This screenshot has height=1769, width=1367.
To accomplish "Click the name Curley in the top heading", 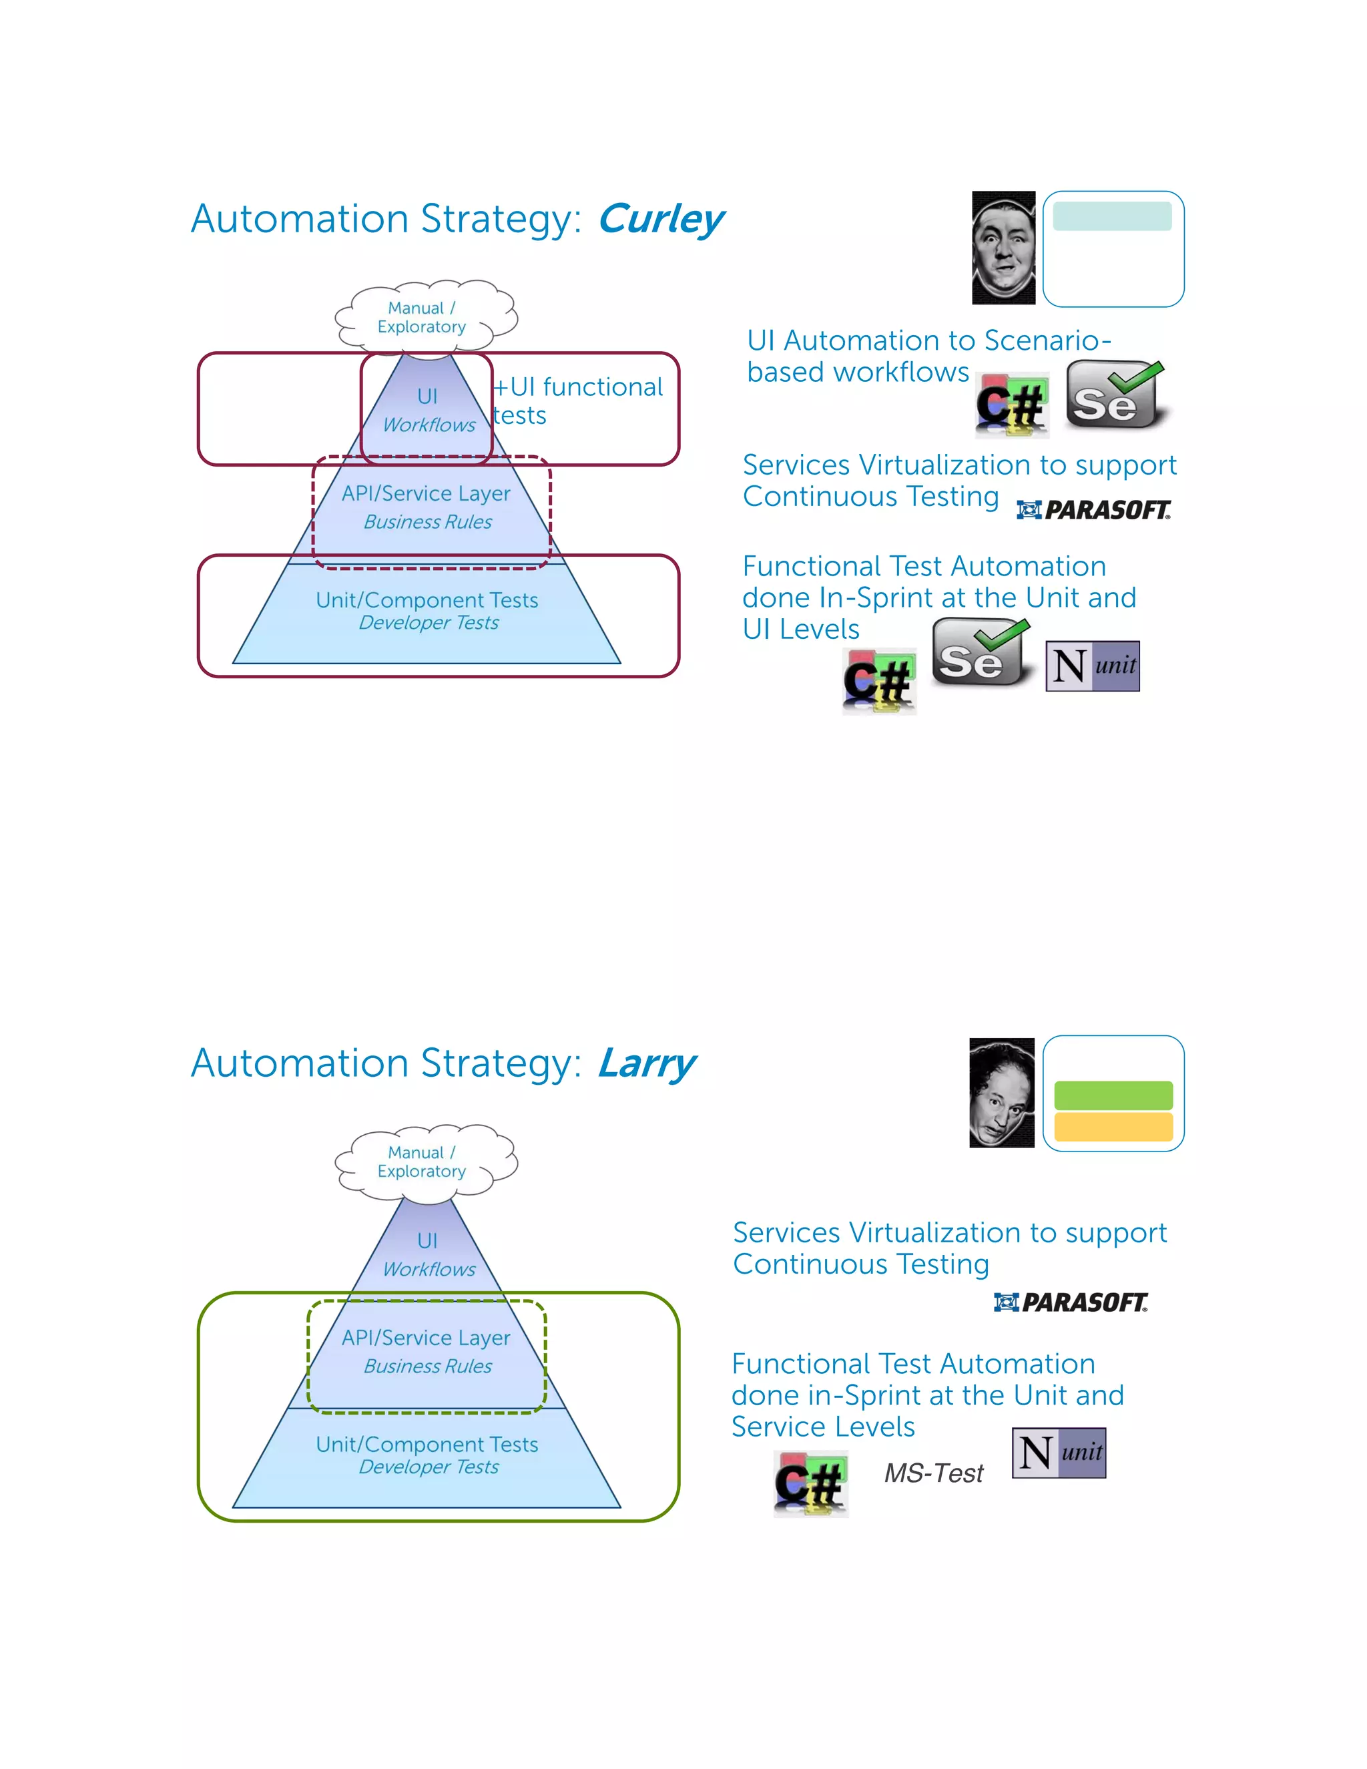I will click(660, 219).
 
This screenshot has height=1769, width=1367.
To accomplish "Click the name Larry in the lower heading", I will click(646, 1063).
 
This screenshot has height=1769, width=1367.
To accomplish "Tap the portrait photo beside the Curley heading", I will click(1003, 248).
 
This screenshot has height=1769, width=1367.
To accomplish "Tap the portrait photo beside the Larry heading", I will click(1001, 1092).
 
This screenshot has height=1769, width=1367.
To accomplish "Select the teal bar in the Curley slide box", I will click(1112, 216).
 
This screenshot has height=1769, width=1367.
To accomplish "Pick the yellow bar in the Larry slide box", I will click(1113, 1127).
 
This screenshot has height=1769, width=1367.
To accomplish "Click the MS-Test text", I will click(933, 1473).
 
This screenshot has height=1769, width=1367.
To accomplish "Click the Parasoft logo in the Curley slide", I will click(1093, 509).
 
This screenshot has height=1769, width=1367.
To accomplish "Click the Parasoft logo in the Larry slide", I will click(1071, 1302).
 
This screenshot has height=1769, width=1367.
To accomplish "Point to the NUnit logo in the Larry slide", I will click(1059, 1453).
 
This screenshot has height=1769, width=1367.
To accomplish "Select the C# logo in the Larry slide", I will click(810, 1484).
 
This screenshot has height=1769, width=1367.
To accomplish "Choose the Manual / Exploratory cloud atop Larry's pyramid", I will click(425, 1161).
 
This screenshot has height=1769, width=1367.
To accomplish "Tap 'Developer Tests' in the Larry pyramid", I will click(429, 1467).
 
